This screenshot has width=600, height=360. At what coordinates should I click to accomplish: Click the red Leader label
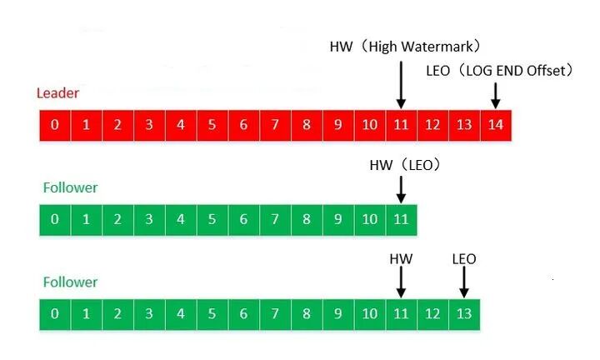[x=57, y=92]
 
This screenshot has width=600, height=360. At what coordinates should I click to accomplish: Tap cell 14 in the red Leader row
[x=496, y=125]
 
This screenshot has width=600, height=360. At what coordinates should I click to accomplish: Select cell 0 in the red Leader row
[x=54, y=125]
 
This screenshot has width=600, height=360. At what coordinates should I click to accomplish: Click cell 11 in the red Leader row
[x=401, y=125]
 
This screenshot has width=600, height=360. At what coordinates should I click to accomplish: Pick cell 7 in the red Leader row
[x=275, y=125]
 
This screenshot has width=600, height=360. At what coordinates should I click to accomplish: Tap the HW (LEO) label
[x=405, y=166]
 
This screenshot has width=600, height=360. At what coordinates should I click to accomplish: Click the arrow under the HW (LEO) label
[x=401, y=188]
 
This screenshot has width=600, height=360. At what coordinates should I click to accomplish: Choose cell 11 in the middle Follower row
[x=401, y=220]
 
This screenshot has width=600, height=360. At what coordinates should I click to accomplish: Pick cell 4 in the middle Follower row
[x=181, y=220]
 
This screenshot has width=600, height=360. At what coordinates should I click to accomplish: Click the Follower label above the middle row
[x=70, y=187]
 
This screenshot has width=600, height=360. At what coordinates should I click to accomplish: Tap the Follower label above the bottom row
[x=70, y=282]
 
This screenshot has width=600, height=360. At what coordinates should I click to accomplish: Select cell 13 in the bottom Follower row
[x=463, y=314]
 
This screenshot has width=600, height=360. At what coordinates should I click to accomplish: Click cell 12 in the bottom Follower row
[x=432, y=314]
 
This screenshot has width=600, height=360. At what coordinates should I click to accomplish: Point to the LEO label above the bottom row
[x=463, y=259]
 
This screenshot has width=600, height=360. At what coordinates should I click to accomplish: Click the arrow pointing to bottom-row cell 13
[x=463, y=282]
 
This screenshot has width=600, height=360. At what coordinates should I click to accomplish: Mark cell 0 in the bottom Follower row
[x=54, y=314]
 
